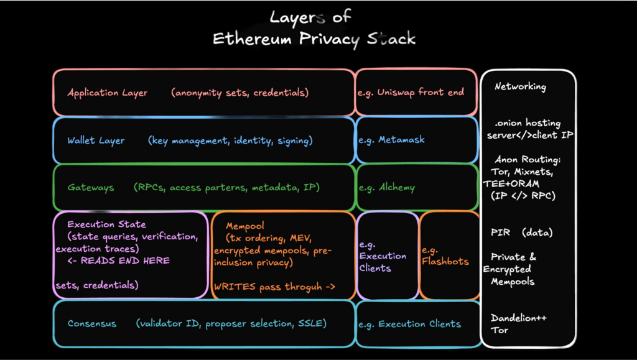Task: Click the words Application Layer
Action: (x=108, y=93)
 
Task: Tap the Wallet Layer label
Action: (x=96, y=141)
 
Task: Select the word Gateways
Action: (x=91, y=187)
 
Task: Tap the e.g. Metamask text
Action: (x=391, y=140)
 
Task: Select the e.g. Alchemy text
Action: (x=386, y=187)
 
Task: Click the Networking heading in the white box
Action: (x=520, y=87)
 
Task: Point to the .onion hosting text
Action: (x=527, y=123)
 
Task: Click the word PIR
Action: (x=500, y=233)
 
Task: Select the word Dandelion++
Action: (x=519, y=318)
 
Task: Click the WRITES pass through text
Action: (x=274, y=287)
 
